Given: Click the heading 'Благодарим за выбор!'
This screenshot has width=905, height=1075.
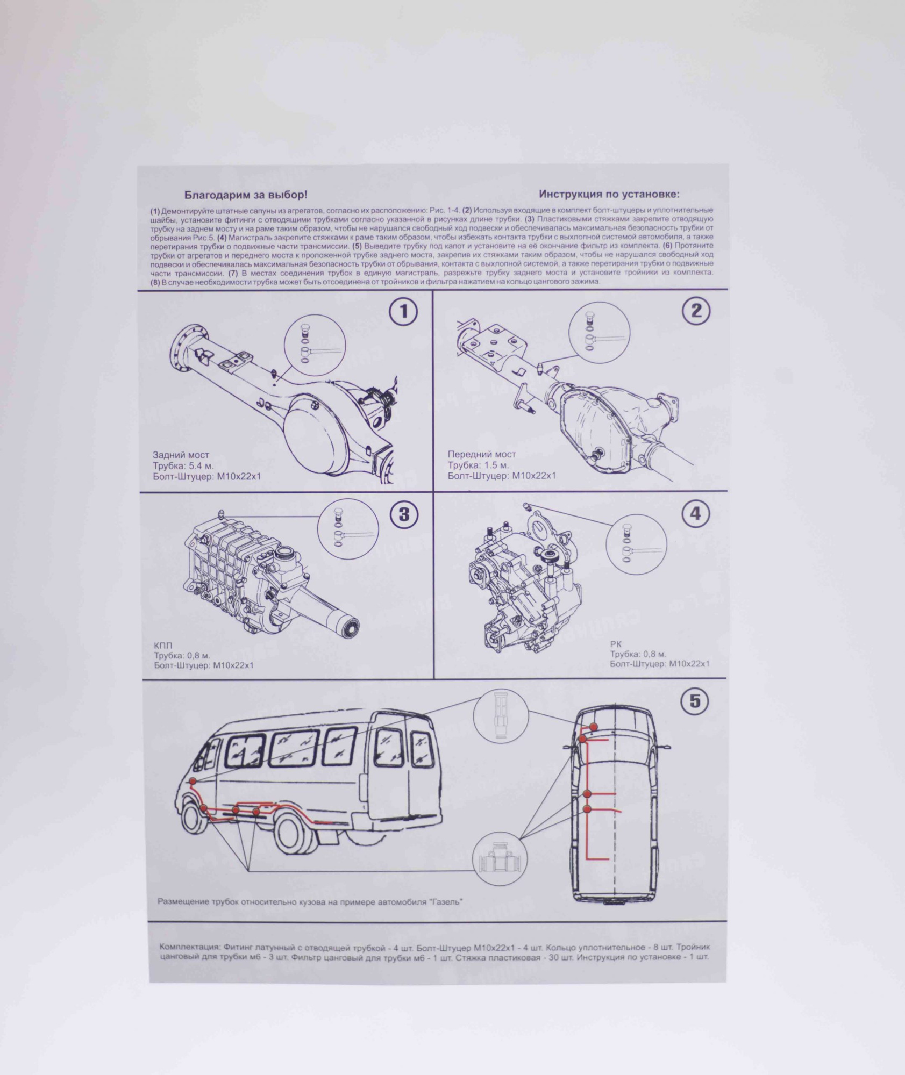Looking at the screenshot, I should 246,195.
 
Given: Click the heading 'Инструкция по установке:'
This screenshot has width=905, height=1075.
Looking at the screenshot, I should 609,194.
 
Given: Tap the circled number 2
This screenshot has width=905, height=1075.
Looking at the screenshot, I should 696,311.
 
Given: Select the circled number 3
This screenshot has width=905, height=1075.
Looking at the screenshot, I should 404,514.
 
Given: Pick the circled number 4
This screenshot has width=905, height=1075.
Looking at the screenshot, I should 695,513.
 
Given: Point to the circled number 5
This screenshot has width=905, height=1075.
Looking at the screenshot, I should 694,701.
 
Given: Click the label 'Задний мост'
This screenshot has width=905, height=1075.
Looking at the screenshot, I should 181,455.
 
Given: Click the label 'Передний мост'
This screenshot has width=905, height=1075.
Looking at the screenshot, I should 481,454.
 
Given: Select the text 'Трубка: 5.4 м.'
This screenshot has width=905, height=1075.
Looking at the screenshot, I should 183,465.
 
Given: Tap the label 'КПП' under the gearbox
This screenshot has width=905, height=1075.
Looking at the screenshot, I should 163,645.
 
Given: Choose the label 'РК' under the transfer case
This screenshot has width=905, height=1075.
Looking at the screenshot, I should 616,644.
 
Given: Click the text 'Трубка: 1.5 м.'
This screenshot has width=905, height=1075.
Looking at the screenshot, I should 478,465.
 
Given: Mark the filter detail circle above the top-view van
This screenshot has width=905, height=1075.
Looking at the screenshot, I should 501,716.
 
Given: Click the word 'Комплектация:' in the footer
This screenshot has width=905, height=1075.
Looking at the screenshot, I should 189,947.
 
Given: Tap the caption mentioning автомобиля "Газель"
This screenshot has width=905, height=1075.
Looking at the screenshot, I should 310,901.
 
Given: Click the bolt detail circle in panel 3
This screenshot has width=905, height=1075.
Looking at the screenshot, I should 348,529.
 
